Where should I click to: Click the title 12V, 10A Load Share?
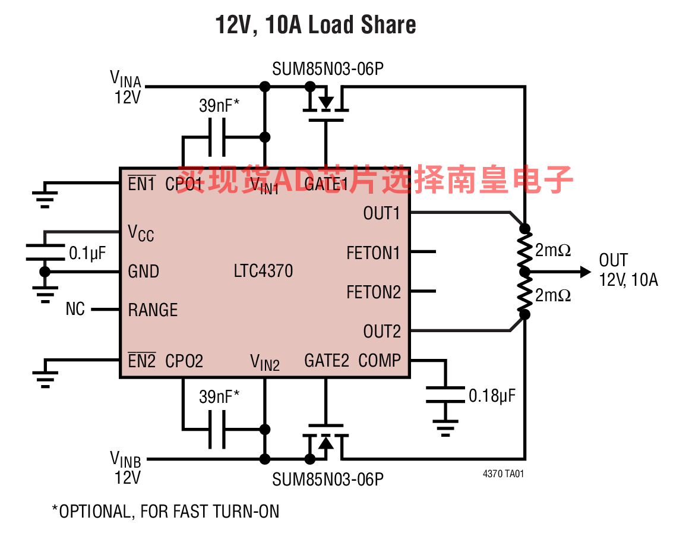coord(315,26)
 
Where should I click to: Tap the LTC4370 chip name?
coord(263,272)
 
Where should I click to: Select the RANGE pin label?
coord(153,310)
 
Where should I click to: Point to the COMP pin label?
coord(380,361)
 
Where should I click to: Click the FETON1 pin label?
coord(374,253)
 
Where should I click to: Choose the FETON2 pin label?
coord(374,292)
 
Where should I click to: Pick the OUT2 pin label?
coord(382,332)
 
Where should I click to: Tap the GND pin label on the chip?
coord(144,272)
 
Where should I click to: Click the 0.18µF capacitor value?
coord(492,395)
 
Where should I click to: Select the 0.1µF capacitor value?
coord(87,254)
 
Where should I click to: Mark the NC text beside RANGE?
coord(75,310)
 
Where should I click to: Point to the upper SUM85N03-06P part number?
coord(328,69)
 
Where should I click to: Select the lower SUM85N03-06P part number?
coord(328,480)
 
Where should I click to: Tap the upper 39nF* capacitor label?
coord(219,106)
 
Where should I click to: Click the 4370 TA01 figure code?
coord(503,474)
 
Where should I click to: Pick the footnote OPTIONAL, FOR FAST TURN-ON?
coord(166,512)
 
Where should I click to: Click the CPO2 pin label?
coord(184,361)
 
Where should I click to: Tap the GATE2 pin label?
coord(326,361)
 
